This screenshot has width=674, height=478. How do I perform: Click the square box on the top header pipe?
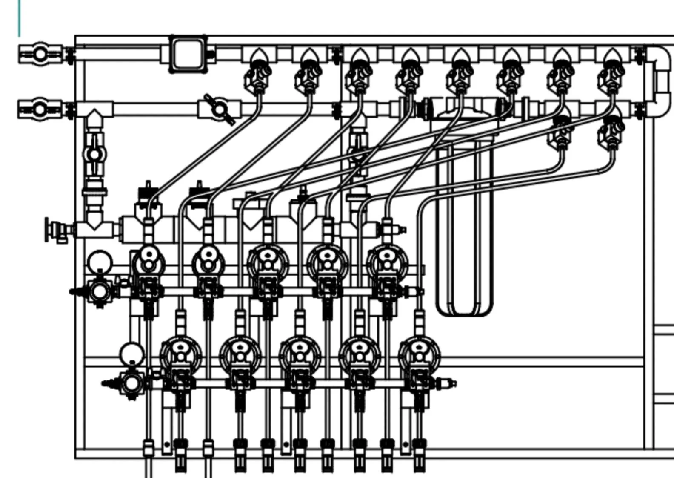click(x=188, y=54)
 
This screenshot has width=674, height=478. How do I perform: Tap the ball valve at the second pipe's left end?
click(x=40, y=109)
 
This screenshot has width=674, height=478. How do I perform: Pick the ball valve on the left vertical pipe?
click(x=94, y=154)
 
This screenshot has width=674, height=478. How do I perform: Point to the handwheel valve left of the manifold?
click(x=53, y=230)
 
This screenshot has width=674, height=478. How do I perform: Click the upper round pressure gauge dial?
click(x=100, y=260)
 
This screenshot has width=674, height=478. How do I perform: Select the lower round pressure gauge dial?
click(x=132, y=353)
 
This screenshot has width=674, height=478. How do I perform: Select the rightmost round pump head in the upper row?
click(x=387, y=260)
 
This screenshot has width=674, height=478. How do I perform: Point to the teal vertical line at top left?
click(x=19, y=18)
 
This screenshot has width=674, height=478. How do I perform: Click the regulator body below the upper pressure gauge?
click(x=100, y=292)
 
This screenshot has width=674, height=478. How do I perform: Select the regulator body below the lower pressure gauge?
click(x=132, y=383)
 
